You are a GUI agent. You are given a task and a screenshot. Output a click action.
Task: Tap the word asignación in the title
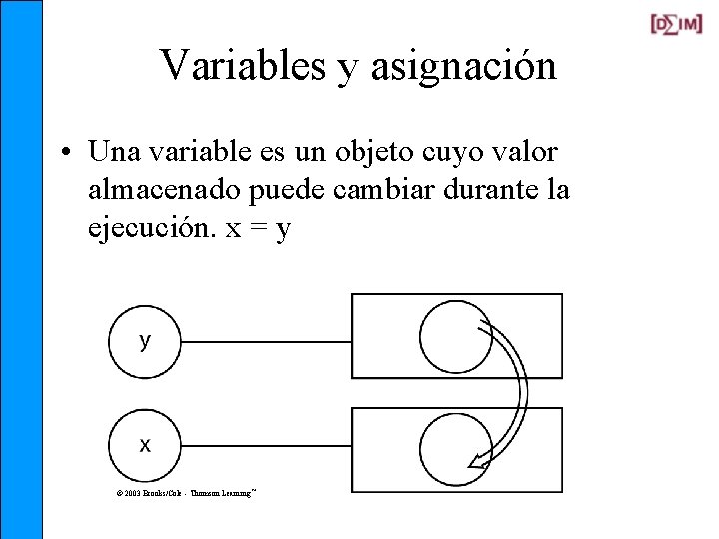pyautogui.click(x=463, y=67)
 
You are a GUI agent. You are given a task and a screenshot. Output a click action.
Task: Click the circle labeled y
pyautogui.click(x=145, y=342)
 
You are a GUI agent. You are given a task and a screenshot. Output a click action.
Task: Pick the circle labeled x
pyautogui.click(x=145, y=445)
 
